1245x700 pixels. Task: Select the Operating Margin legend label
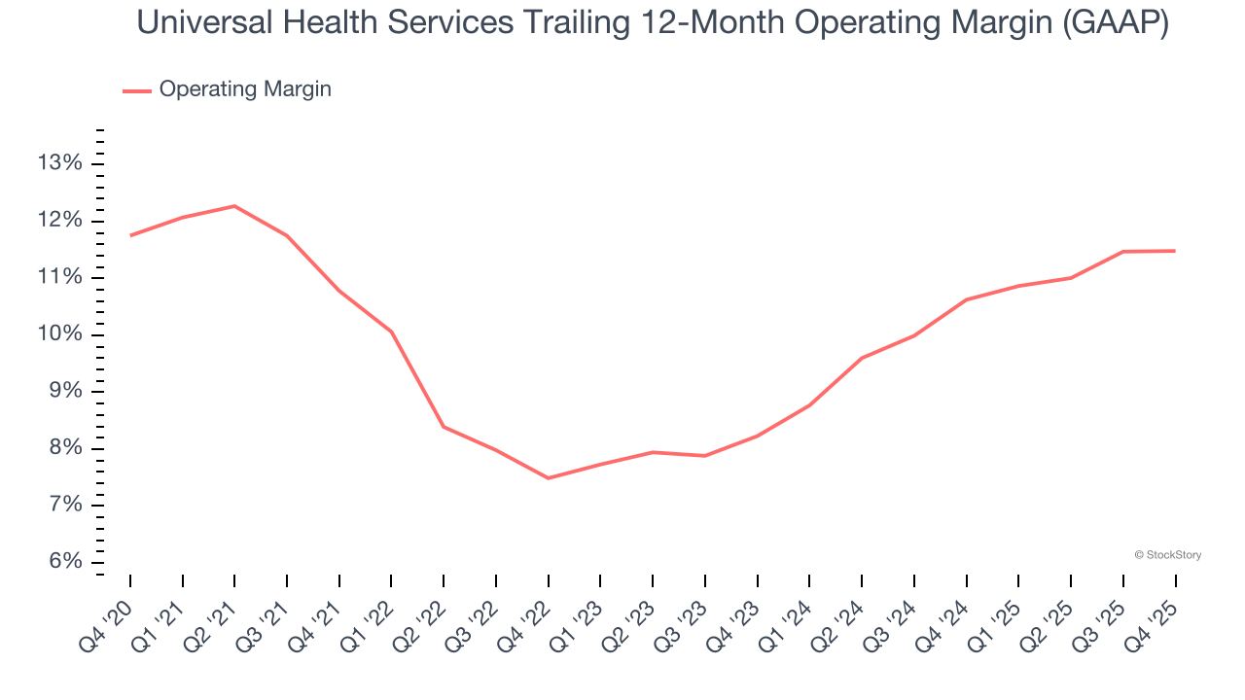[x=245, y=89]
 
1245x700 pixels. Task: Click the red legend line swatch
[x=136, y=90]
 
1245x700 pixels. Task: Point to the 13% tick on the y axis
[x=59, y=163]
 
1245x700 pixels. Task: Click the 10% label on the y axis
[x=59, y=334]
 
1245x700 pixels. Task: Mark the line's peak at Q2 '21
[x=234, y=206]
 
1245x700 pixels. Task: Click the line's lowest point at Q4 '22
[x=549, y=478]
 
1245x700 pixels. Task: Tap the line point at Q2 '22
[x=444, y=427]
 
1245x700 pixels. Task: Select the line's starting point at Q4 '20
[x=130, y=235]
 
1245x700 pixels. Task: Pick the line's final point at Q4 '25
[x=1175, y=251]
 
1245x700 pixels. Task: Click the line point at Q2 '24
[x=862, y=358]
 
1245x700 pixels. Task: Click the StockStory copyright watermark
[x=1167, y=555]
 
